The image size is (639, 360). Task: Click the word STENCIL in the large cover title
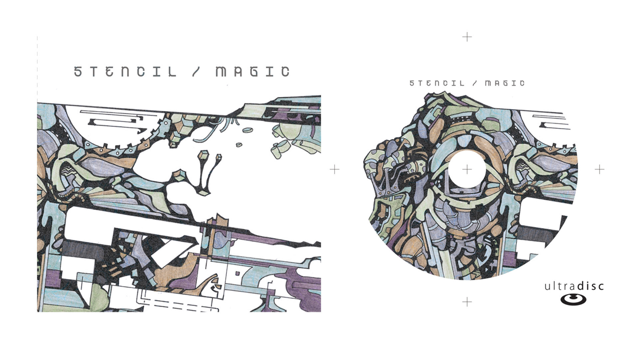pos(125,72)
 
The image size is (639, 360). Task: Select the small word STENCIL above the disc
pos(437,83)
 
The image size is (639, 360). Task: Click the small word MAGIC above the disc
pos(505,83)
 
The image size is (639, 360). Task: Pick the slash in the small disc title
pos(475,83)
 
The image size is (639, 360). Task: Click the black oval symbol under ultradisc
pos(573,299)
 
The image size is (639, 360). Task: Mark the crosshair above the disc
pos(467,37)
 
